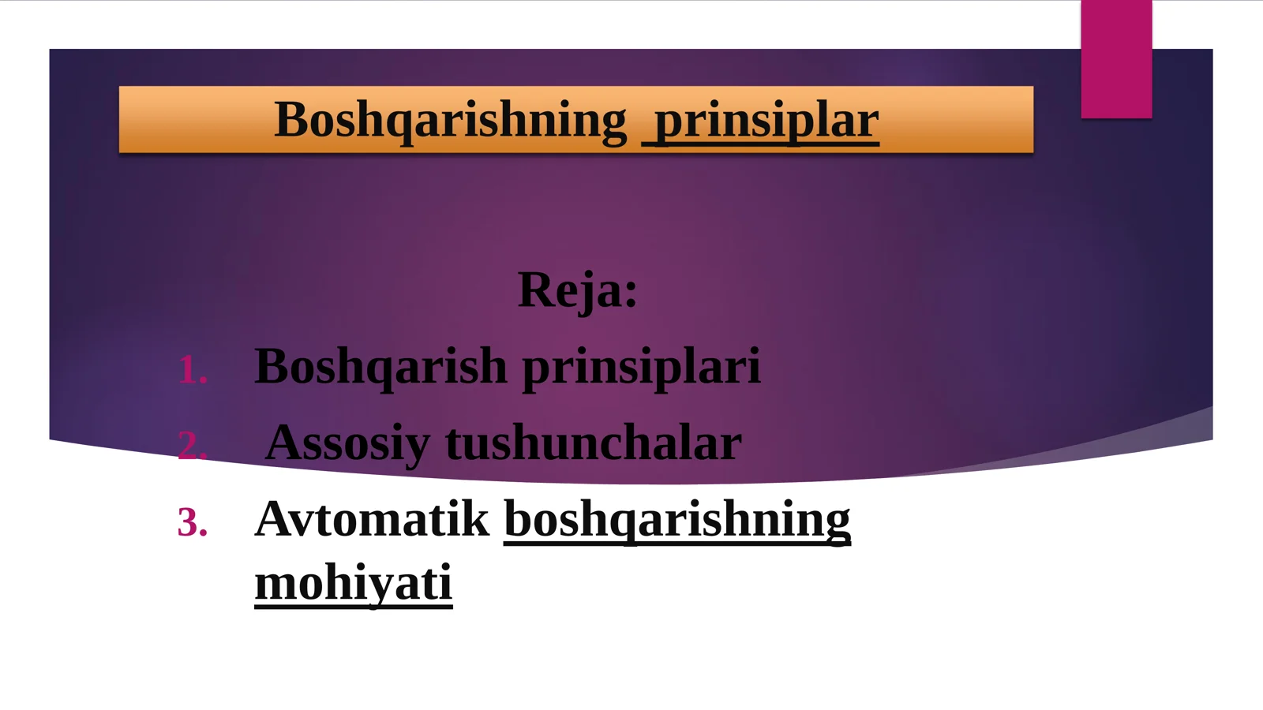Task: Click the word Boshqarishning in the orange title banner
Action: [450, 121]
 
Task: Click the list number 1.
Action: [191, 370]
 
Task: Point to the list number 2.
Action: [191, 447]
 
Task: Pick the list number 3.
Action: [191, 523]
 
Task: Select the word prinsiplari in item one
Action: [641, 366]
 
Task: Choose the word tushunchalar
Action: [594, 443]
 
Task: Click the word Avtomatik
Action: [372, 519]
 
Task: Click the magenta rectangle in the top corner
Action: [1116, 59]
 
